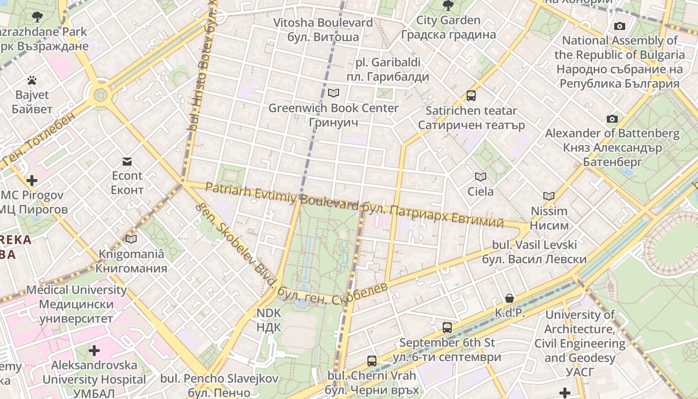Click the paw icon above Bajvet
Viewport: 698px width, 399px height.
pyautogui.click(x=32, y=80)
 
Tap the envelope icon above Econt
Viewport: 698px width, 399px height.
pyautogui.click(x=127, y=161)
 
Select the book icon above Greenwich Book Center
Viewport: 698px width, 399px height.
pyautogui.click(x=334, y=93)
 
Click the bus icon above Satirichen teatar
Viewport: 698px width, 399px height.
pyautogui.click(x=471, y=96)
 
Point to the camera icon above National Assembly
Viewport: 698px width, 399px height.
pyautogui.click(x=620, y=26)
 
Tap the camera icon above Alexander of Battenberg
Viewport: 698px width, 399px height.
pyautogui.click(x=612, y=119)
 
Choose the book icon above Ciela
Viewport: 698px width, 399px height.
pyautogui.click(x=481, y=177)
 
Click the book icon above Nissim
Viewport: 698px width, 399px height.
pyautogui.click(x=549, y=197)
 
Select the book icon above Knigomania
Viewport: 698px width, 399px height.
pyautogui.click(x=131, y=239)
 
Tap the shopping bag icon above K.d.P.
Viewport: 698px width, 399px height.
pyautogui.click(x=510, y=298)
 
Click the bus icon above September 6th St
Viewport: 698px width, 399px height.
pyautogui.click(x=447, y=328)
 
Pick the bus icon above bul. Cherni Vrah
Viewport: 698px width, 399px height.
pyautogui.click(x=372, y=361)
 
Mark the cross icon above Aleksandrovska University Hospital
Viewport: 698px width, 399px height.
pyautogui.click(x=94, y=351)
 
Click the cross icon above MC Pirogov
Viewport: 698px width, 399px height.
pyautogui.click(x=32, y=180)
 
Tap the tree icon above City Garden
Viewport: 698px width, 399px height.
pyautogui.click(x=448, y=6)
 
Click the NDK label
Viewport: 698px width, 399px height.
pyautogui.click(x=269, y=320)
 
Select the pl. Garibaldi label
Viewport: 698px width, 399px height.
pyautogui.click(x=388, y=70)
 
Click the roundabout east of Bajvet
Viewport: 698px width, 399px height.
pyautogui.click(x=101, y=94)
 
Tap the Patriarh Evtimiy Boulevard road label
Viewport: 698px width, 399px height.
pyautogui.click(x=282, y=197)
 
